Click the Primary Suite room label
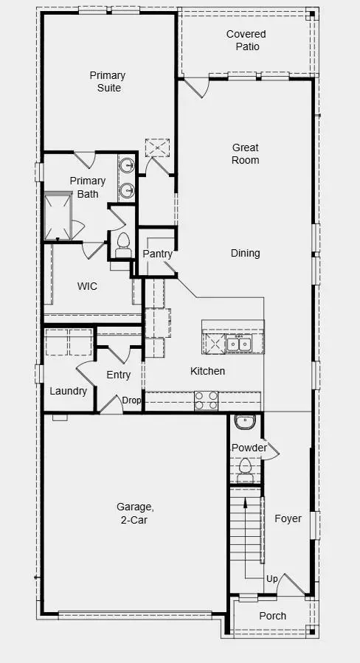(108, 81)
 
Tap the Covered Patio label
(246, 41)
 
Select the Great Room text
(246, 153)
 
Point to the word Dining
(245, 253)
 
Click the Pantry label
(157, 254)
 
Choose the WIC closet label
(88, 286)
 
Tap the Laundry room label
(68, 391)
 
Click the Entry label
(118, 375)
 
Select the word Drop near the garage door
(131, 400)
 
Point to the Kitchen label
(207, 371)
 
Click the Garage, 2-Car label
(135, 513)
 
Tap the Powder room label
(249, 448)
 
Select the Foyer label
(288, 518)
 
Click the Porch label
(272, 616)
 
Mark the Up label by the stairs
(271, 579)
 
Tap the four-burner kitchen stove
(206, 400)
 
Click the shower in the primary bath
(58, 216)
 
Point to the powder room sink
(244, 423)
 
